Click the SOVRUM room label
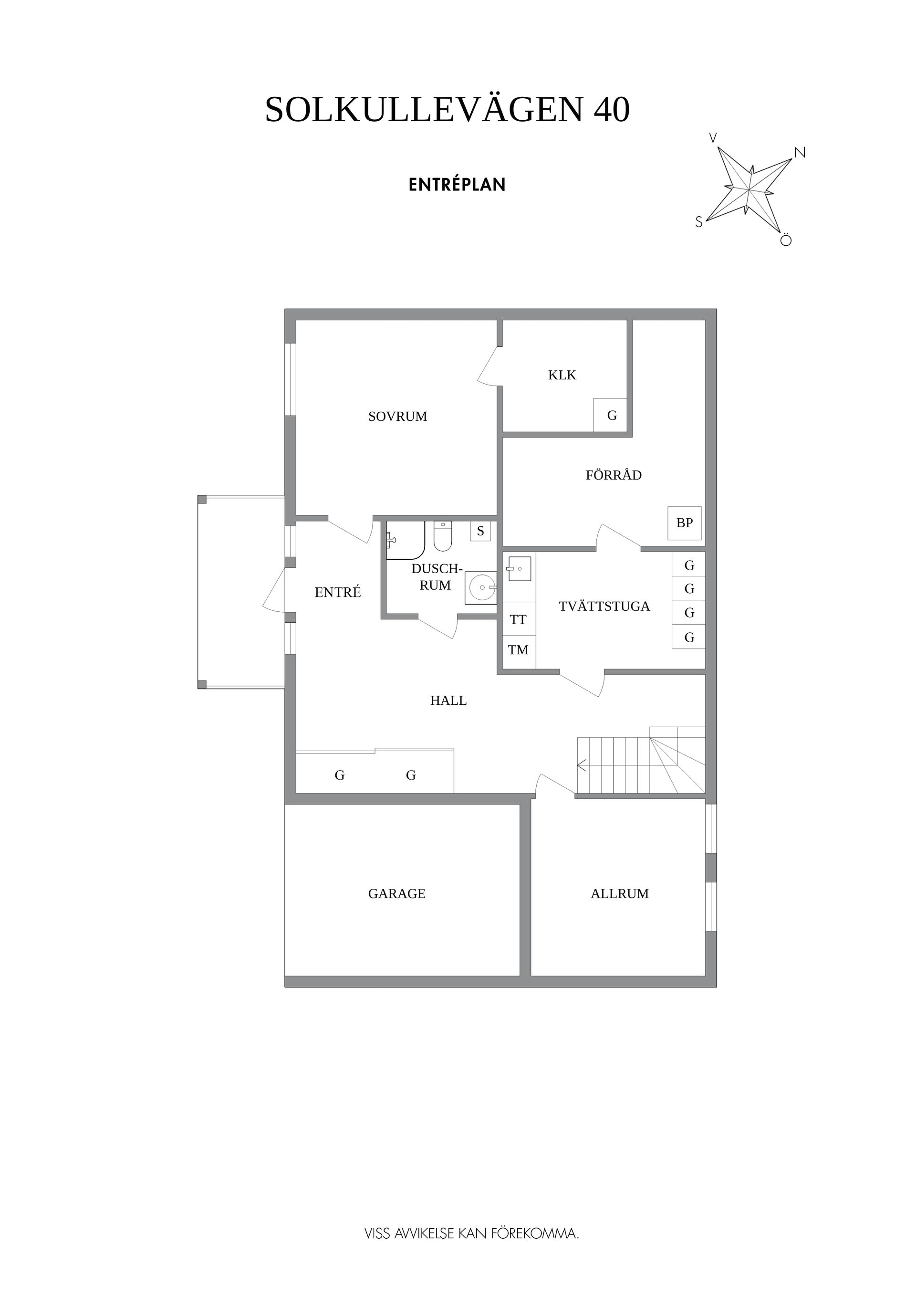(x=397, y=417)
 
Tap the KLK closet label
(x=562, y=376)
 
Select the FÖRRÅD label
(x=614, y=475)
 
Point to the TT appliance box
(x=519, y=619)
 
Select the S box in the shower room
(x=480, y=531)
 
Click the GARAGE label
(x=397, y=894)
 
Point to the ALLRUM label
(x=620, y=894)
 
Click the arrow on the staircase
(x=582, y=766)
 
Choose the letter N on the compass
(x=800, y=152)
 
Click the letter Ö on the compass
(x=786, y=240)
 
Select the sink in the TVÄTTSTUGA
(x=519, y=568)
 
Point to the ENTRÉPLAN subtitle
(x=457, y=185)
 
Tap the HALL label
(x=448, y=700)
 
